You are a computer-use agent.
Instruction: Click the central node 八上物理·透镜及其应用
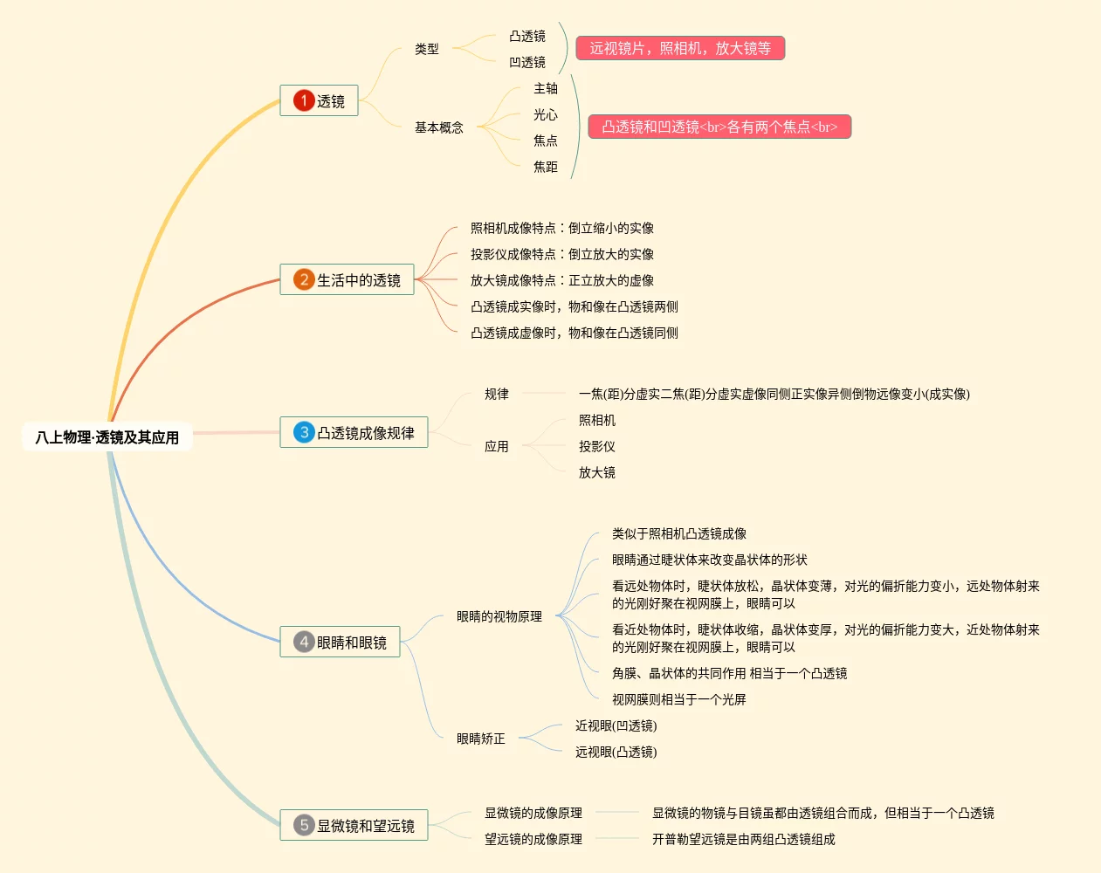[x=107, y=437]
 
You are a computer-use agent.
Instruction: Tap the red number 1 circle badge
[x=303, y=100]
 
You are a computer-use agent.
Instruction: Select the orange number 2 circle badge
[x=303, y=279]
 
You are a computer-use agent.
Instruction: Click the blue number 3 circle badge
[x=303, y=432]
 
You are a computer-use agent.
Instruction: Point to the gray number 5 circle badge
[x=303, y=825]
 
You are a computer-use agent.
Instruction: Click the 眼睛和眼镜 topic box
[x=340, y=642]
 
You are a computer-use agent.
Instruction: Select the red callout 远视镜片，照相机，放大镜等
[x=680, y=48]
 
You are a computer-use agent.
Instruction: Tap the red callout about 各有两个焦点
[x=719, y=127]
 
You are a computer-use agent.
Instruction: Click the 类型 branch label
[x=427, y=49]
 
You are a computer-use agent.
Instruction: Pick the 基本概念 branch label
[x=438, y=127]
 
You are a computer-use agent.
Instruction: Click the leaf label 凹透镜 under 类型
[x=527, y=63]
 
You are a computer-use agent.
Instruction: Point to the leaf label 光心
[x=546, y=114]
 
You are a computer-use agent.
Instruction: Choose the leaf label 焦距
[x=546, y=167]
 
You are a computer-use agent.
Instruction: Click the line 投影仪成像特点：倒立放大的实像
[x=561, y=254]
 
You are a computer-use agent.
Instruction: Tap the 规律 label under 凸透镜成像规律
[x=496, y=394]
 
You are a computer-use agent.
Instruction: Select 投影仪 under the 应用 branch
[x=596, y=446]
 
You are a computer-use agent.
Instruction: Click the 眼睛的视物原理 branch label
[x=499, y=616]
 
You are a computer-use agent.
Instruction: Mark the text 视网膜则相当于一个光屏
[x=679, y=699]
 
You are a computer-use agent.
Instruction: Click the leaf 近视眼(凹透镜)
[x=616, y=725]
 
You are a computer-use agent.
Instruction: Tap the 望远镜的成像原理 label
[x=533, y=839]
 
